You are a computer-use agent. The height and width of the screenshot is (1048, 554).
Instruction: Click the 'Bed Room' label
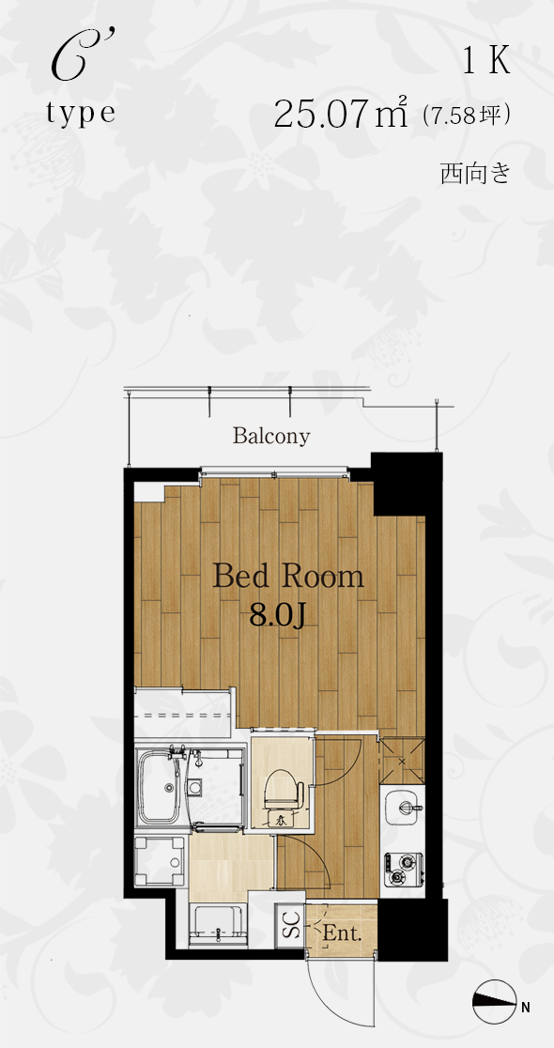pos(288,578)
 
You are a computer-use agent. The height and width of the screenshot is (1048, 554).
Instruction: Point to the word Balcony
pos(271,437)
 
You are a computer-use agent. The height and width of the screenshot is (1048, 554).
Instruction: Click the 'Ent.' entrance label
pos(342,933)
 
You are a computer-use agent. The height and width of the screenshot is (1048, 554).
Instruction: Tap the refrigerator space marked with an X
pos(402,761)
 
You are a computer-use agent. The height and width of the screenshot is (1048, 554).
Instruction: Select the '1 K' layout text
pos(486,61)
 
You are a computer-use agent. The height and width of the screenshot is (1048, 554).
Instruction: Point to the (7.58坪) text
pos(467,116)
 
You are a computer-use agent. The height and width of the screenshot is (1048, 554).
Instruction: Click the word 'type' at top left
pos(81,113)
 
